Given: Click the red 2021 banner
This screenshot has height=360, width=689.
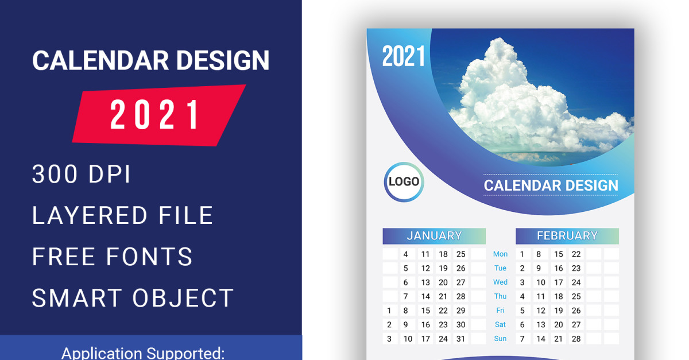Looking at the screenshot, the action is [159, 115].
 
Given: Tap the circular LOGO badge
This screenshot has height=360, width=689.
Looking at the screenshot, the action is [404, 182].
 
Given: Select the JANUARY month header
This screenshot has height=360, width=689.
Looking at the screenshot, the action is [434, 236].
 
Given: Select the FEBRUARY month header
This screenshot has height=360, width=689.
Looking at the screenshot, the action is [567, 236].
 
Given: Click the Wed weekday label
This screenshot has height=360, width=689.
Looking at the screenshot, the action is [500, 282].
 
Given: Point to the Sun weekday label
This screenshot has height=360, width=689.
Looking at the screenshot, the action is [500, 338].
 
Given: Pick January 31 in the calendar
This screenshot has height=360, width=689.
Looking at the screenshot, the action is [460, 339].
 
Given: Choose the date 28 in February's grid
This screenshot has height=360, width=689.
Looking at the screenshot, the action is [576, 339].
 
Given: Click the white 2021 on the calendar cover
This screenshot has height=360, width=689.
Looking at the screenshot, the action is [403, 56].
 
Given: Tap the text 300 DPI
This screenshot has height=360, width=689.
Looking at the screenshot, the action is [81, 174].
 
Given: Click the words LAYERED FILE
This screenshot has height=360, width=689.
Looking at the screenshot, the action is [122, 215].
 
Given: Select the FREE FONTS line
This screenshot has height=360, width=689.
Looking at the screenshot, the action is [113, 257].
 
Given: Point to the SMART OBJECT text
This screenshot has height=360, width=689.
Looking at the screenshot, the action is [133, 298].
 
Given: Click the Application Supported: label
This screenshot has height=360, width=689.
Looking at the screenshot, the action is [143, 353].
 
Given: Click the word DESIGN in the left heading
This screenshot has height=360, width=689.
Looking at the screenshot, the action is [223, 60].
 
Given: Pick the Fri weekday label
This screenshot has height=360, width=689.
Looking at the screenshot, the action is [500, 310].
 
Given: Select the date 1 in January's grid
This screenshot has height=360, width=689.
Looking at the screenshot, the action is [389, 311].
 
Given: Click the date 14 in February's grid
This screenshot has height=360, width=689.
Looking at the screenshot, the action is [541, 339].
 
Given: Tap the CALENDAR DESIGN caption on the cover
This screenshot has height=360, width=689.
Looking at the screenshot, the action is [551, 185].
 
